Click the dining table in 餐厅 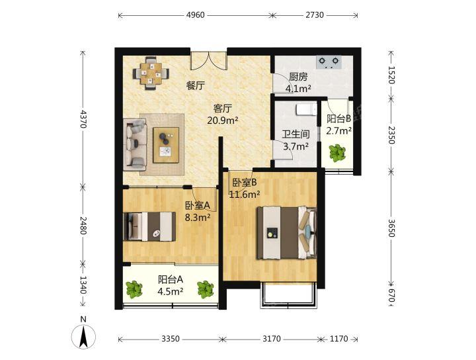coord(151,73)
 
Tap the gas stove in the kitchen coord(329,62)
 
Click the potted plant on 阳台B coord(337,153)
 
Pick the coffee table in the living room coord(166,145)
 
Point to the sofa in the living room coord(135,144)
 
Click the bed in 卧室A coord(149,226)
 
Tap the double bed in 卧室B coord(287,233)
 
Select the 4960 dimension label coord(196,15)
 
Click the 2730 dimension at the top coord(315,15)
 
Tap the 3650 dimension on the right coord(391,228)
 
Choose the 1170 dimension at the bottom coord(338,339)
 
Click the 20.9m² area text coord(223,120)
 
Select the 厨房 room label coord(298,77)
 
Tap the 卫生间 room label coord(296,134)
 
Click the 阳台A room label coord(171,279)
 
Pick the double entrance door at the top coord(208,61)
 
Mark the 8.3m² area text coord(198,218)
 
